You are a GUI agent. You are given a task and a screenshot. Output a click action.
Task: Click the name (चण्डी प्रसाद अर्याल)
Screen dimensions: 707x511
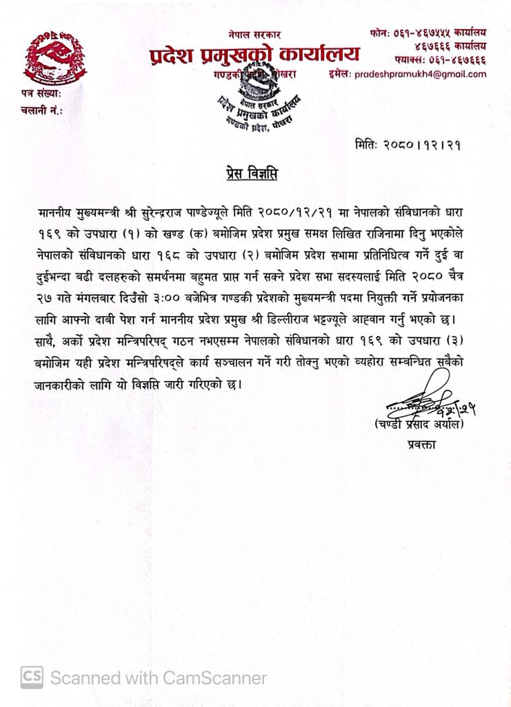pos(421,424)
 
